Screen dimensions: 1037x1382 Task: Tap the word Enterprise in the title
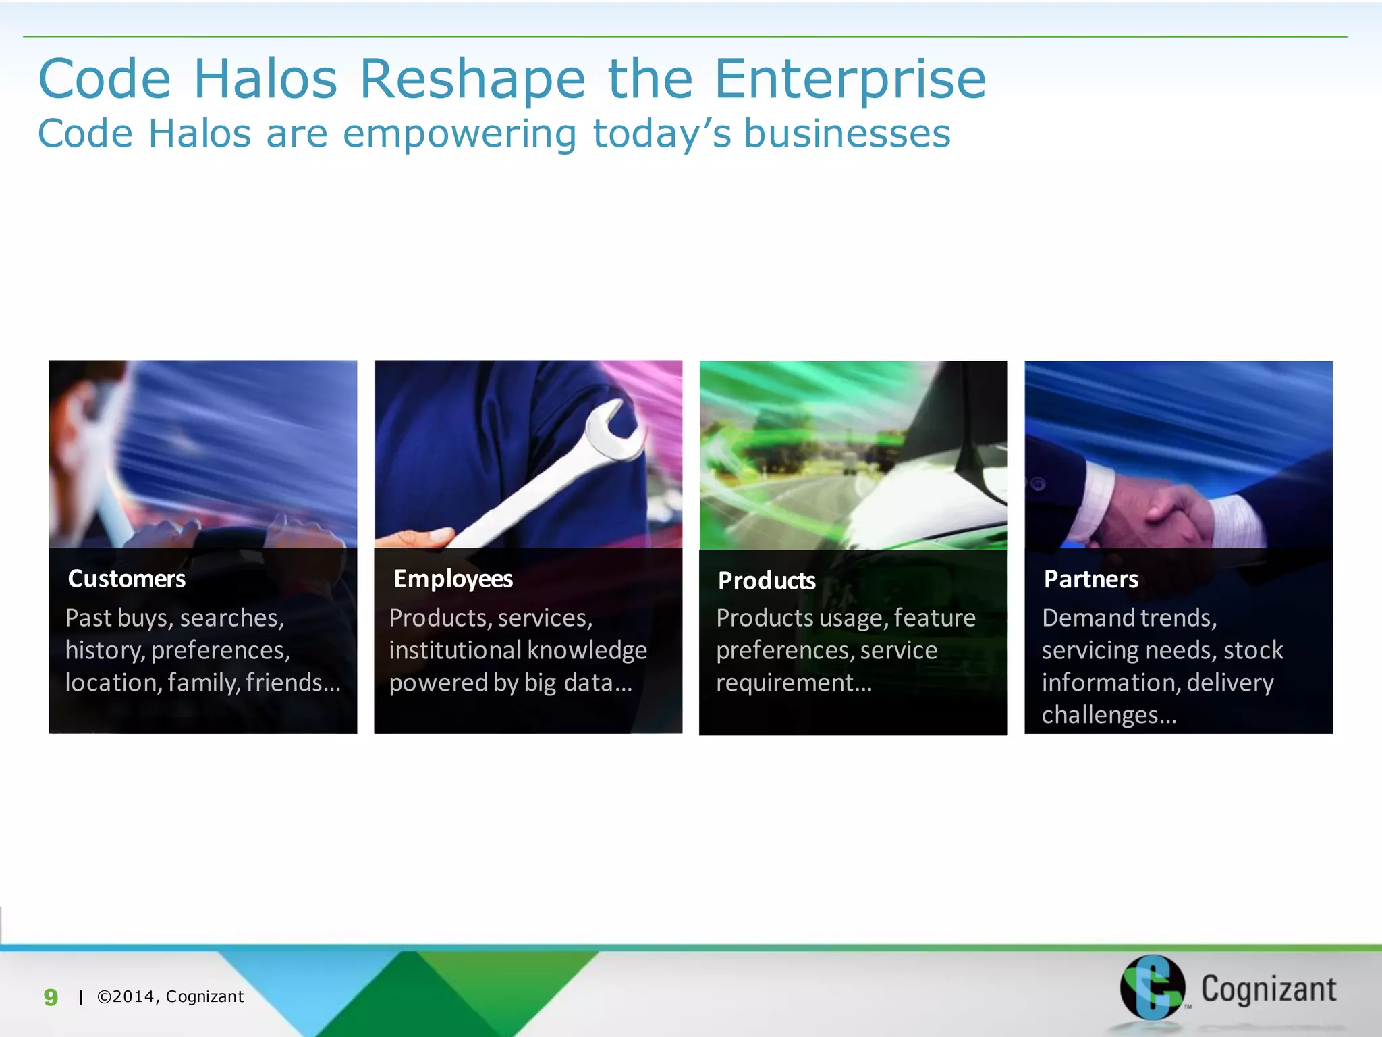[x=850, y=80]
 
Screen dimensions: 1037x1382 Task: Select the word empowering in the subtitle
[x=460, y=134]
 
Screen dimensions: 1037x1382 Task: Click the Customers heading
[x=126, y=579]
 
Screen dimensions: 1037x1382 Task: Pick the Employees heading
[x=453, y=579]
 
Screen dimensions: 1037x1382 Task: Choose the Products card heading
[x=767, y=581]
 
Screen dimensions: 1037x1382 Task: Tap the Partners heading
[x=1090, y=579]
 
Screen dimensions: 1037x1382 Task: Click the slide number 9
[x=51, y=997]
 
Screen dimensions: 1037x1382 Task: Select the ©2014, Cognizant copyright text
[x=170, y=996]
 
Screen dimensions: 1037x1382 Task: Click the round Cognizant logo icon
[x=1152, y=987]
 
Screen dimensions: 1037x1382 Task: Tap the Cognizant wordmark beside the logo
[x=1268, y=989]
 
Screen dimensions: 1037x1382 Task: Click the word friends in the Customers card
[x=292, y=683]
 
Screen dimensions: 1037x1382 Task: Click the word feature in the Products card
[x=935, y=618]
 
